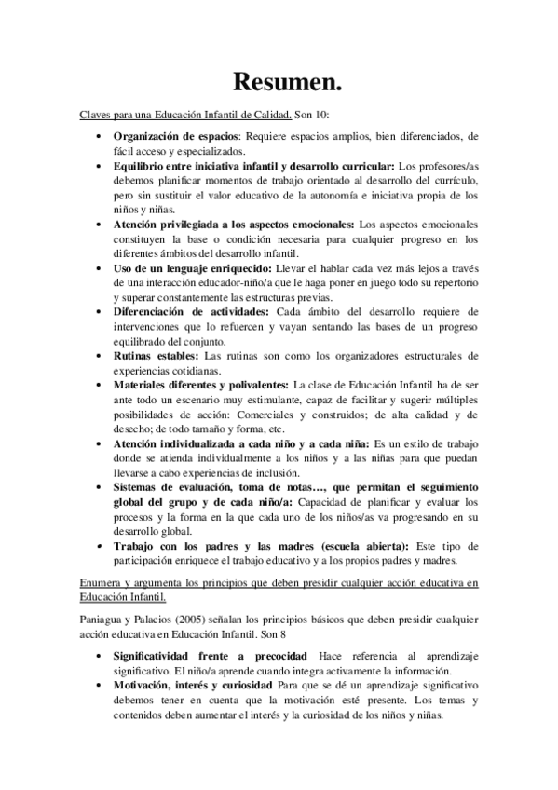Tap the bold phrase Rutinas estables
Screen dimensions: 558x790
(x=148, y=355)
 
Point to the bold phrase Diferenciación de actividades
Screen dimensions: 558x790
(x=189, y=310)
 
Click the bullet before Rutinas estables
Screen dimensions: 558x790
(x=100, y=355)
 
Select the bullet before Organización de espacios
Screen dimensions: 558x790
(x=100, y=135)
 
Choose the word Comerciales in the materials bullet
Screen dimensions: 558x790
(x=239, y=415)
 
